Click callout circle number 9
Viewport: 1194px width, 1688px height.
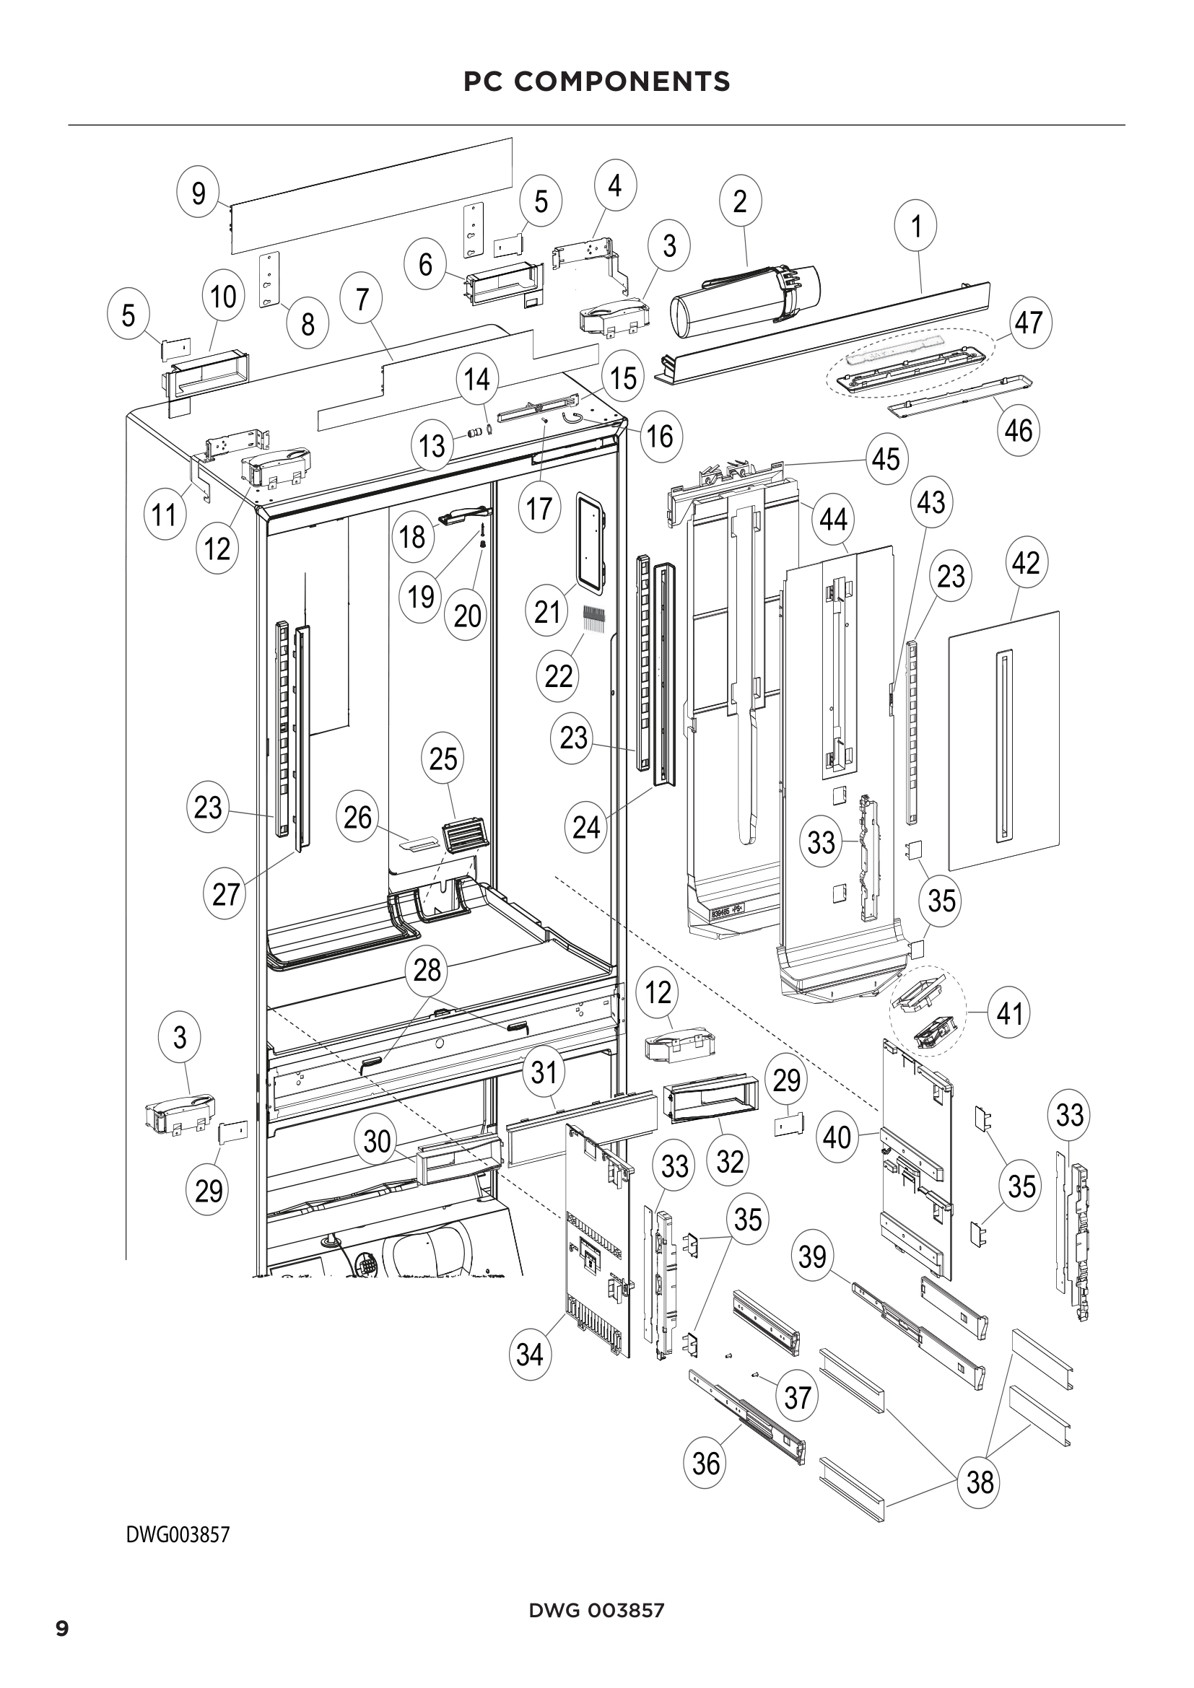tap(199, 194)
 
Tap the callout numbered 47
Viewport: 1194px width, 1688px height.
tap(1029, 322)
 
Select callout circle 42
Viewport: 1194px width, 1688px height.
tap(1026, 563)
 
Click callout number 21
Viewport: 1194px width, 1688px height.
tap(547, 612)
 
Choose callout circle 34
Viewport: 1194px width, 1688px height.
tap(530, 1354)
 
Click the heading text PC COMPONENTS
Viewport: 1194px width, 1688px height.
tap(596, 82)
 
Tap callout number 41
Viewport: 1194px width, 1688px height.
tap(1009, 1014)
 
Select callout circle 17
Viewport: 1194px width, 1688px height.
tap(539, 508)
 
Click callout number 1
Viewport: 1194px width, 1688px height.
tap(916, 227)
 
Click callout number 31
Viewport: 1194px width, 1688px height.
tap(544, 1072)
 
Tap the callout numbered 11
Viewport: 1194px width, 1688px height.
tap(165, 515)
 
